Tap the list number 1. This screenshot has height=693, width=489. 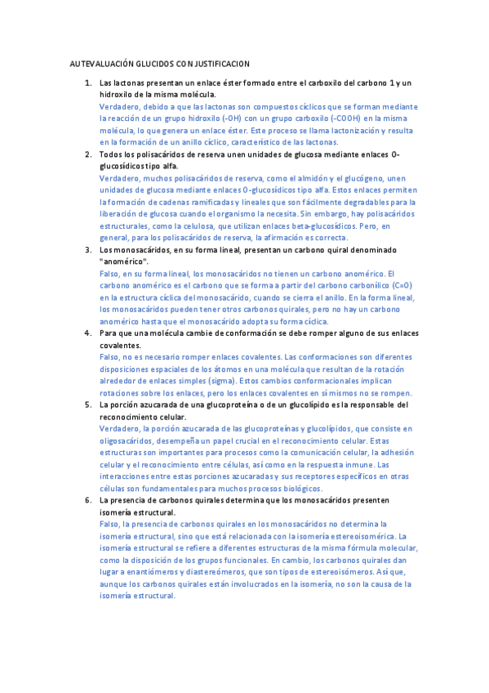click(88, 83)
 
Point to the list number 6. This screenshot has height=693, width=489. click(88, 499)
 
